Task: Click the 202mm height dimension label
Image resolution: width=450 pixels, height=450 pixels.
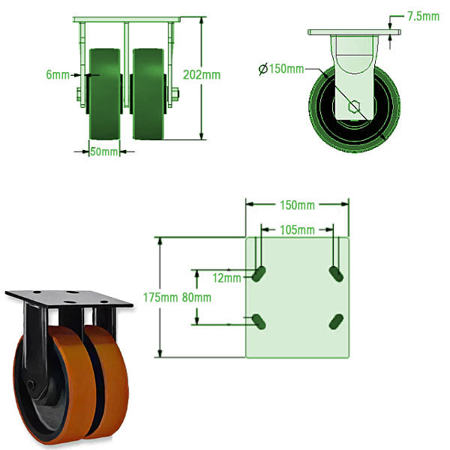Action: pos(202,75)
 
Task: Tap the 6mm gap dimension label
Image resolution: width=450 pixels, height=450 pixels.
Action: pos(57,75)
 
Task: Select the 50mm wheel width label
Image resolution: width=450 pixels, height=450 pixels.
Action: pos(104,152)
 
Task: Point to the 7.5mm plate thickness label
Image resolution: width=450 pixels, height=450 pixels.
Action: pos(422,16)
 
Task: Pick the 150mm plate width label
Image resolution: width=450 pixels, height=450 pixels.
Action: pos(297,205)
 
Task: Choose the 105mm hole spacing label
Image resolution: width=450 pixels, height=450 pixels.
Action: pos(297,229)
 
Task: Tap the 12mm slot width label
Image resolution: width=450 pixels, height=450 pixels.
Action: pos(227,278)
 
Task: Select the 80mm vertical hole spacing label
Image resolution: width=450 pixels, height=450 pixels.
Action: pos(196,297)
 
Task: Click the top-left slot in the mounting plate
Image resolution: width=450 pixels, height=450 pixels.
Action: pos(259,274)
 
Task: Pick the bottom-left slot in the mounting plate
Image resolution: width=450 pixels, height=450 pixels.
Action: pos(259,321)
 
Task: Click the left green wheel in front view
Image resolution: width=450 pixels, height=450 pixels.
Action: pos(105,94)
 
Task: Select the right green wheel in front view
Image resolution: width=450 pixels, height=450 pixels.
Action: pos(148,94)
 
